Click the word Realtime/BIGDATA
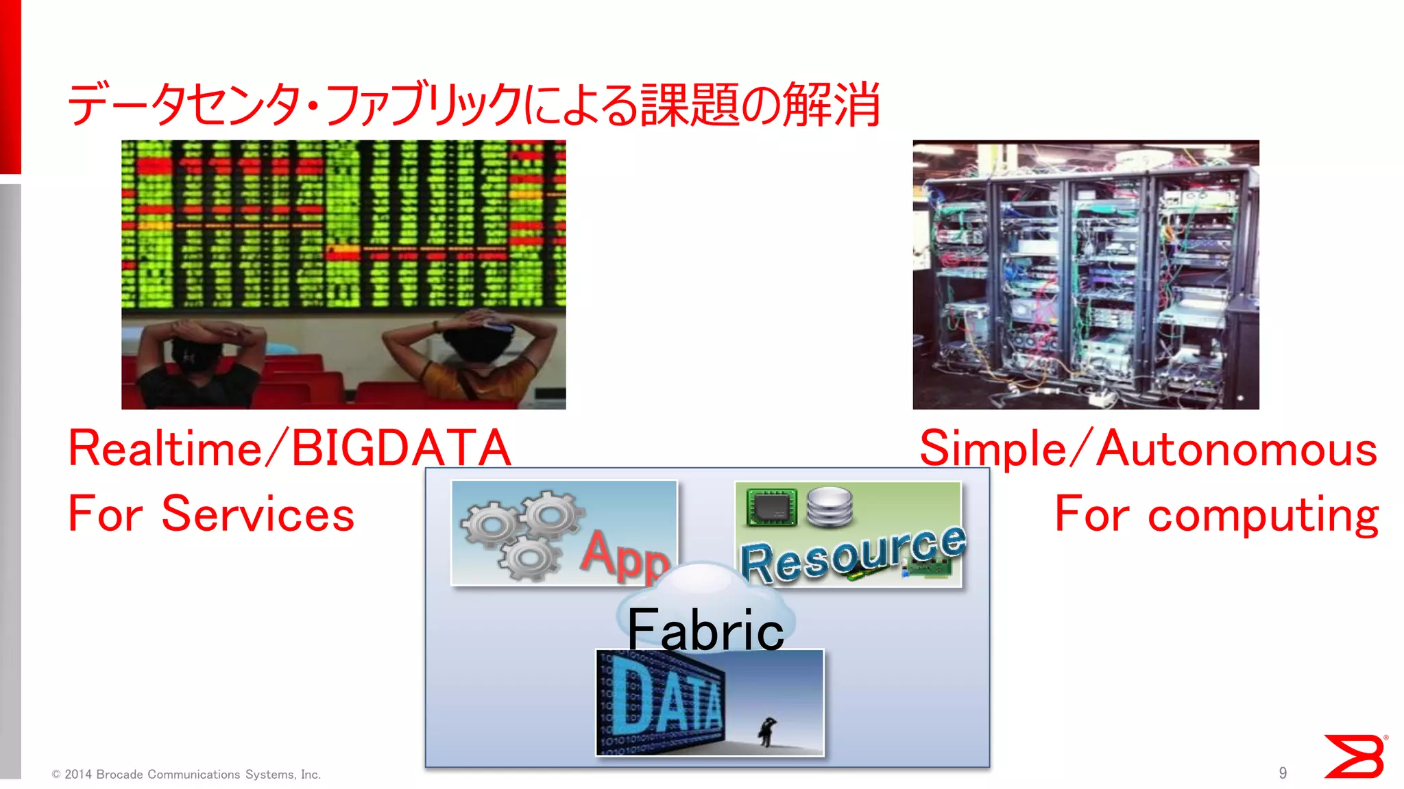pyautogui.click(x=289, y=449)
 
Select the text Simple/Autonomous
pyautogui.click(x=1148, y=449)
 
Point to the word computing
pyautogui.click(x=1263, y=515)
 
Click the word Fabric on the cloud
pyautogui.click(x=705, y=630)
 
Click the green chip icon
pyautogui.click(x=772, y=508)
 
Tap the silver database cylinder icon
pyautogui.click(x=830, y=507)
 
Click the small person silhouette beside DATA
pyautogui.click(x=766, y=731)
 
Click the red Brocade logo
pyautogui.click(x=1355, y=756)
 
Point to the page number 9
pyautogui.click(x=1283, y=773)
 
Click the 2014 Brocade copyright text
pyautogui.click(x=186, y=775)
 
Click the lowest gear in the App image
pyautogui.click(x=529, y=558)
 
